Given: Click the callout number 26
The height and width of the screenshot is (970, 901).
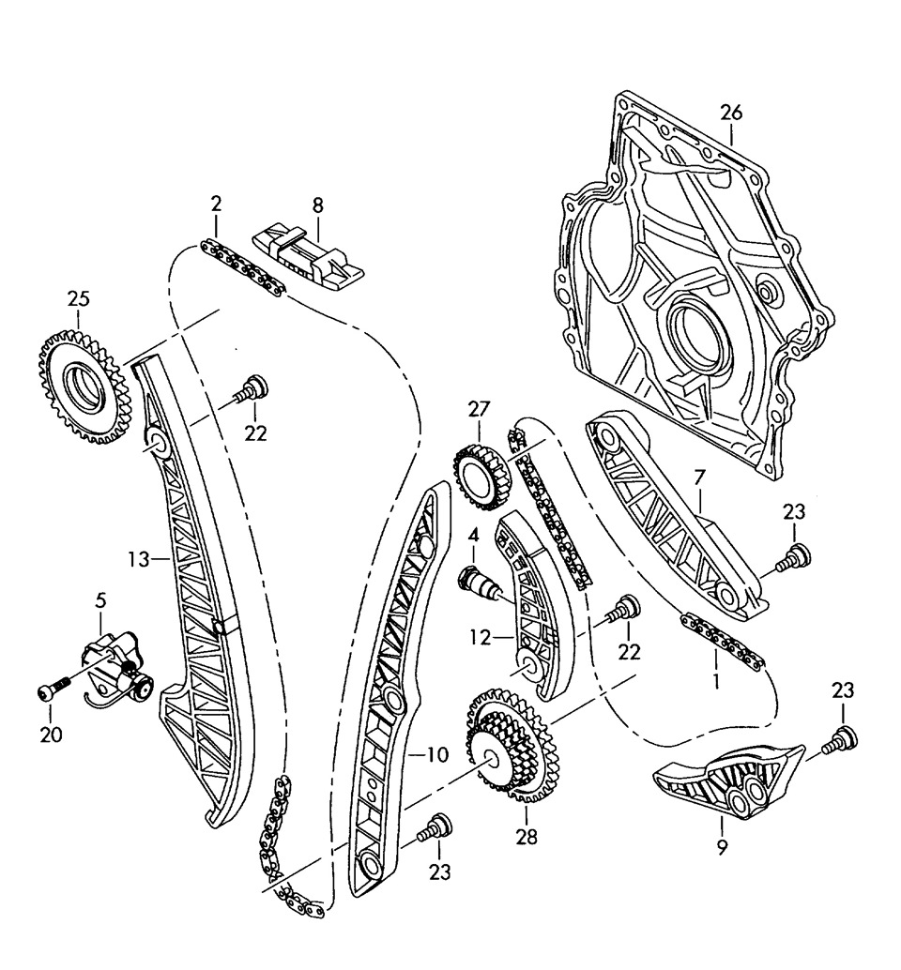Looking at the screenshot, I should point(731,113).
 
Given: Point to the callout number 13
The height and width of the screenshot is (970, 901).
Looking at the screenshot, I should point(139,560).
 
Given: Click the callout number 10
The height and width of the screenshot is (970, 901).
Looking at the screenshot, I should point(436,753).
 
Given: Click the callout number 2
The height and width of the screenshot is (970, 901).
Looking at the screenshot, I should point(216,204).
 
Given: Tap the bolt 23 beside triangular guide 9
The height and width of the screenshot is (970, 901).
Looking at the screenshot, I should point(837,741).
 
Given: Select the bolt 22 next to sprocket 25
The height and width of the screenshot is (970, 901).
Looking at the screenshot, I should point(252,389).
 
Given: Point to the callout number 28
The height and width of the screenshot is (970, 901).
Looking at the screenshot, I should point(527,838).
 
